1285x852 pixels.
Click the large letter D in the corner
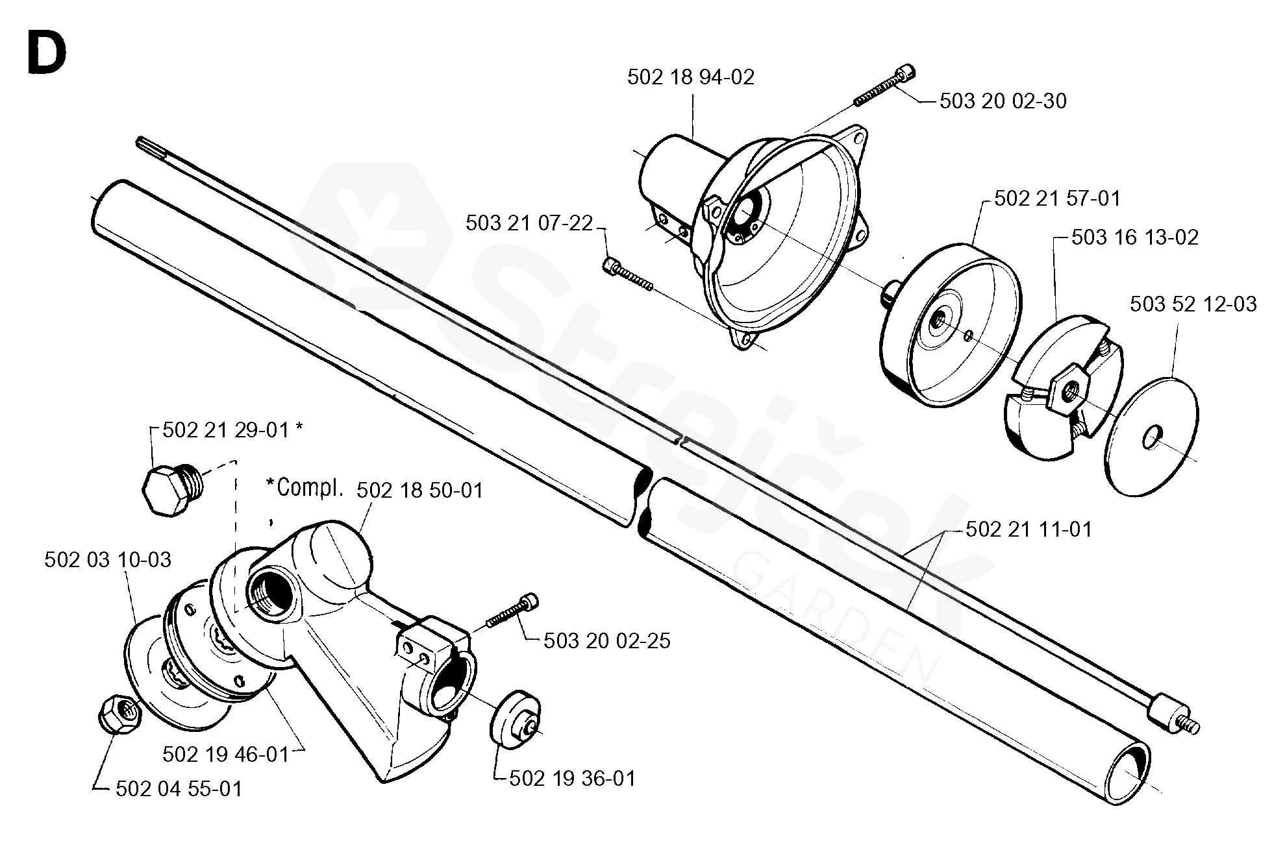pos(47,53)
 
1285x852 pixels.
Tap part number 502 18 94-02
pos(691,78)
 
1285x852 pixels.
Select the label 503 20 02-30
pos(1003,101)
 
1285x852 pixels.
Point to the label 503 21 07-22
pos(529,223)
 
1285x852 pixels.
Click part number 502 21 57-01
pos(1057,198)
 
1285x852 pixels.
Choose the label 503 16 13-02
pos(1135,237)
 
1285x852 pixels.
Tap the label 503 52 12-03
pos(1193,304)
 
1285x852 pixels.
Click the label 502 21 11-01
pos(1029,529)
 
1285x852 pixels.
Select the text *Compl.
pos(304,488)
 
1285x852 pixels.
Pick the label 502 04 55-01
pos(179,789)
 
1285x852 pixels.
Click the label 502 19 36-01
pos(572,778)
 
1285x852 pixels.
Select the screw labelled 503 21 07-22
pos(628,274)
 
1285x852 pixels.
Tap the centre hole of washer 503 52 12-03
pos(1152,437)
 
